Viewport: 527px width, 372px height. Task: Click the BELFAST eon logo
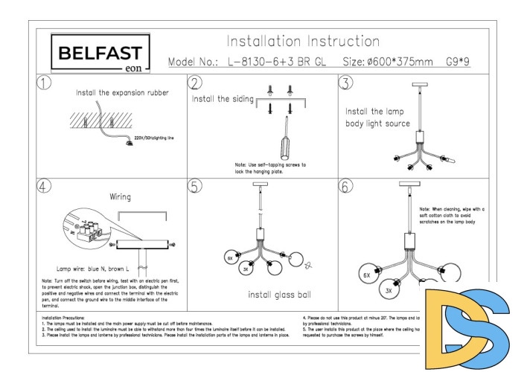100,54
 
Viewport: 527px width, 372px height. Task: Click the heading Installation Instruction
303,41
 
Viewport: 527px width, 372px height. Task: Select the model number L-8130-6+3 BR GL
272,63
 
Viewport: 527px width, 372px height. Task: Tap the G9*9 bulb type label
459,63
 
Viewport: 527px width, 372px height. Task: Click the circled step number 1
45,83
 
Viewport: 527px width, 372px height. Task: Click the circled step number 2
196,83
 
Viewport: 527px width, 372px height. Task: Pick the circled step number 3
345,83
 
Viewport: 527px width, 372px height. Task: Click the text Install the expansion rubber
122,94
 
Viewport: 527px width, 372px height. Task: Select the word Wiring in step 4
121,197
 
